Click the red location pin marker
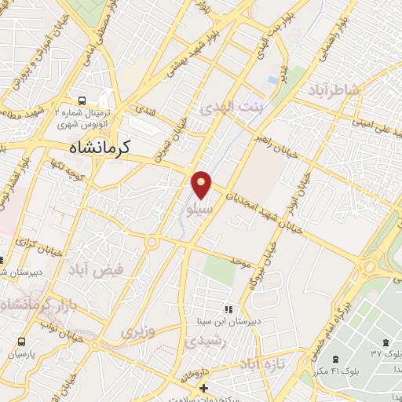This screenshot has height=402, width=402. point(201,185)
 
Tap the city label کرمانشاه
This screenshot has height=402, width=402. point(97,147)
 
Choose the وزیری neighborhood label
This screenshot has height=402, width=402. point(137,331)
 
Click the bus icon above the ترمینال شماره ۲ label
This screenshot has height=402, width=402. point(82,100)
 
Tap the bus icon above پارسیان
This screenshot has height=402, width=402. point(21,342)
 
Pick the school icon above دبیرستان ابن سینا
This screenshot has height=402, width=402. point(228,309)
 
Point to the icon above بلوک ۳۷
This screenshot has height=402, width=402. point(386,342)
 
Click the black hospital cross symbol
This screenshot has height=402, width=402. point(203,389)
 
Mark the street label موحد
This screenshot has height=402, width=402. point(239,258)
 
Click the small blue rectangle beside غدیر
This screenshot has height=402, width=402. point(272,80)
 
